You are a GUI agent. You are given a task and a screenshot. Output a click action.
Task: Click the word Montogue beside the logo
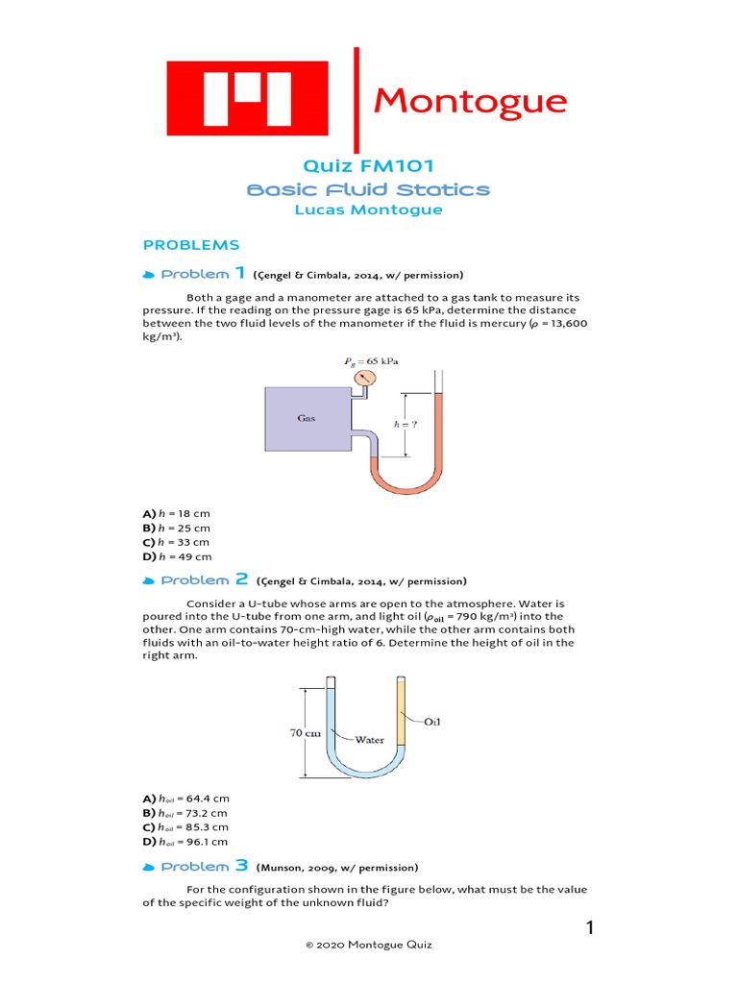(x=470, y=100)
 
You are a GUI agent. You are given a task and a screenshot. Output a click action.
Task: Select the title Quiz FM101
(x=369, y=166)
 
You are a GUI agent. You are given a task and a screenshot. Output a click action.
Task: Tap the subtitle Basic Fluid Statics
(x=369, y=189)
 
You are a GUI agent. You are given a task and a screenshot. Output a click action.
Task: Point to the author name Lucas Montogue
(x=369, y=210)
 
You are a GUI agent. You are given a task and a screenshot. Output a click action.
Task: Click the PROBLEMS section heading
(x=191, y=245)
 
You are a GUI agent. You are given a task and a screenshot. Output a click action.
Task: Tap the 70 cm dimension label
(x=305, y=732)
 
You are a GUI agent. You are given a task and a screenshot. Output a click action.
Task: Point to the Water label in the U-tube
(x=369, y=740)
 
